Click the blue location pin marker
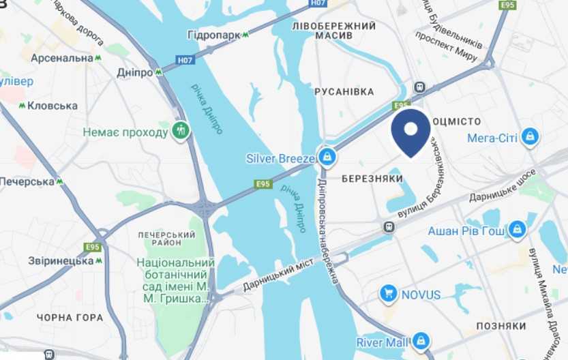pos(410,132)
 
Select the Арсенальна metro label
pos(61,58)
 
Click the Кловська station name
pos(53,106)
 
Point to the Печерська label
pos(27,181)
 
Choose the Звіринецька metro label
pos(61,260)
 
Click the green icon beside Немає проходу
pos(180,130)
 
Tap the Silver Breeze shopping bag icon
pos(328,157)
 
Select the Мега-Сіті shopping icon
pos(530,138)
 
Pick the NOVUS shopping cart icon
pos(389,294)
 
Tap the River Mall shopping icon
pos(421,340)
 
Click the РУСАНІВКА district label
pos(344,91)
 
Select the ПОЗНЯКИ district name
pos(501,326)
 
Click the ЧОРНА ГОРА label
pos(71,317)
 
